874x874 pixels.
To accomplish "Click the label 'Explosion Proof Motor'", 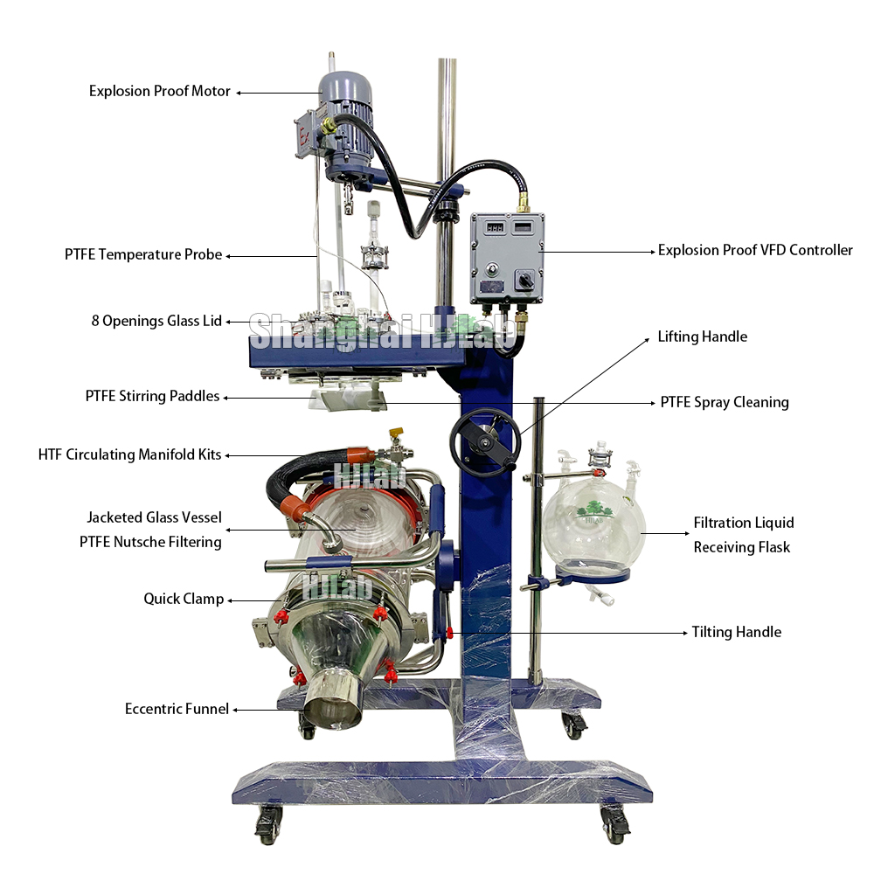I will pos(160,91).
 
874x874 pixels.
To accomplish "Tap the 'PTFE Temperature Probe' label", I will pos(143,255).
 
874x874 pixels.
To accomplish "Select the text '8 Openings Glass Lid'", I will pos(156,321).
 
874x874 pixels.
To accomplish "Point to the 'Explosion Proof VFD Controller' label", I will pos(755,251).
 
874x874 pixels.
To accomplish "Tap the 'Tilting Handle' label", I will pos(736,632).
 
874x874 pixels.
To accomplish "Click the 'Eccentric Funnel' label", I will pos(177,709).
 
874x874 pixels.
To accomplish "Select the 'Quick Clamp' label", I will pos(184,600).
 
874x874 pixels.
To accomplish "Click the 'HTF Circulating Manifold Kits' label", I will pos(129,454).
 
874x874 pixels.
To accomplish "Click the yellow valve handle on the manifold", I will pos(394,434).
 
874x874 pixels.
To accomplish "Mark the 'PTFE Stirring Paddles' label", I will pos(152,397).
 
